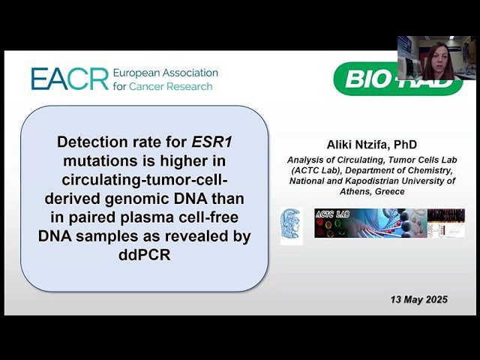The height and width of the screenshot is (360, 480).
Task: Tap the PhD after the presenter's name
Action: pos(405,144)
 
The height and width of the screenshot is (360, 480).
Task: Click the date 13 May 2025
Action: pos(418,299)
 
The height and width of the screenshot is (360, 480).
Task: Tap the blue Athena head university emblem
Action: pos(291,226)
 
